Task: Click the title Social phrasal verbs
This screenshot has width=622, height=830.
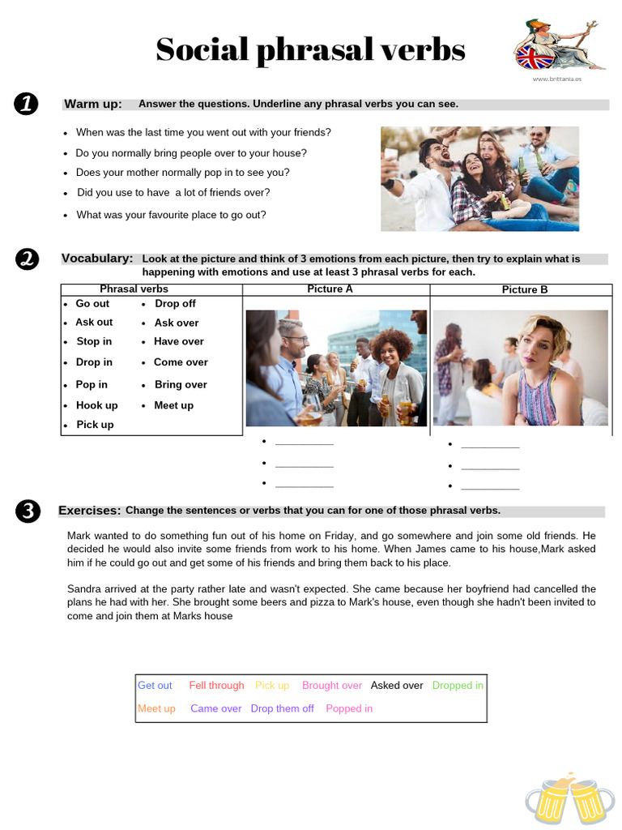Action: pyautogui.click(x=310, y=50)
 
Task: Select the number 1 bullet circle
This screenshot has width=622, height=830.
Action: pyautogui.click(x=26, y=105)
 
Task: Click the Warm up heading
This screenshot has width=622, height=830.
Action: pyautogui.click(x=93, y=105)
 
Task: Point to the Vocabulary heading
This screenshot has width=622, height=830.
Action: pyautogui.click(x=97, y=259)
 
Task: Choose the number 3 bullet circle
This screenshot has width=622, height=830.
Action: pyautogui.click(x=26, y=511)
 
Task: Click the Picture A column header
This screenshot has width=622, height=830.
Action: pyautogui.click(x=330, y=289)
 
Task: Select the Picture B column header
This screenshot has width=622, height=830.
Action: pyautogui.click(x=524, y=289)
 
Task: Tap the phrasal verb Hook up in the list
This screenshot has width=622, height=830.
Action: pyautogui.click(x=96, y=405)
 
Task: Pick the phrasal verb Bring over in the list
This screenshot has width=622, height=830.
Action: pyautogui.click(x=181, y=385)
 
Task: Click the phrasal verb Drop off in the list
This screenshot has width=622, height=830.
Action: pyautogui.click(x=175, y=304)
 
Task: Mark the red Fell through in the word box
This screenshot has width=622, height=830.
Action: pyautogui.click(x=216, y=686)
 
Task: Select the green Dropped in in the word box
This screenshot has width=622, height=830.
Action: pyautogui.click(x=458, y=686)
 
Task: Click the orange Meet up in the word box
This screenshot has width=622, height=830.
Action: pyautogui.click(x=156, y=708)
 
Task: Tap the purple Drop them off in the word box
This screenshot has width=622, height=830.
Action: pyautogui.click(x=282, y=708)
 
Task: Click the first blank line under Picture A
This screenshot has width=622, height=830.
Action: pyautogui.click(x=304, y=443)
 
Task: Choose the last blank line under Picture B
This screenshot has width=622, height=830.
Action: pyautogui.click(x=490, y=488)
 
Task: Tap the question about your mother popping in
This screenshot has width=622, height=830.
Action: pyautogui.click(x=182, y=173)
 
